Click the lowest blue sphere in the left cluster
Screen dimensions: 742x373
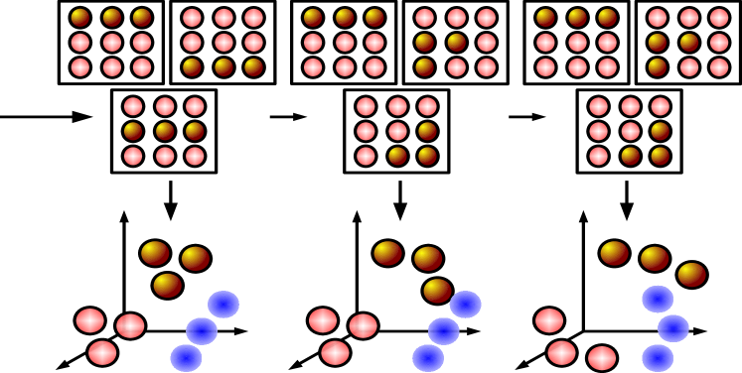[x=186, y=358]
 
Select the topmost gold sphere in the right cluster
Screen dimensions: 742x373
[x=615, y=253]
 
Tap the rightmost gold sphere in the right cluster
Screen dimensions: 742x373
[x=692, y=275]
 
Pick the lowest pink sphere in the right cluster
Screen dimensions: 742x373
[x=602, y=358]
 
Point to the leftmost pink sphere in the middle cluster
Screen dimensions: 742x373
[x=323, y=320]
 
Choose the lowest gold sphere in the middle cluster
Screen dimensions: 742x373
[x=438, y=291]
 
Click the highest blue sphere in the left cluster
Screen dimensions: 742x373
[x=223, y=305]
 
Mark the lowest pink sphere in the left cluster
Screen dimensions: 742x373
[x=102, y=353]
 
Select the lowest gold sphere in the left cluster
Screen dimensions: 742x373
[x=168, y=286]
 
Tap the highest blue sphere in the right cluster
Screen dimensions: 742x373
[x=658, y=299]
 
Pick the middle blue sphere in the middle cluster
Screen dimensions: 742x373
[x=444, y=331]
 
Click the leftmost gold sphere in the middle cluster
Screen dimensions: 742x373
[x=388, y=253]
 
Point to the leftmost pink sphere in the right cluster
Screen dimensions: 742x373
[x=549, y=320]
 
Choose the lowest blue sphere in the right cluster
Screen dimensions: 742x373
[x=658, y=358]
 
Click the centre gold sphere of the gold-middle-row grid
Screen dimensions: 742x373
[x=165, y=131]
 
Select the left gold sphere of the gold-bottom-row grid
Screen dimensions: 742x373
[x=192, y=67]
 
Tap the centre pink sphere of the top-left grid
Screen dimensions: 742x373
[x=112, y=43]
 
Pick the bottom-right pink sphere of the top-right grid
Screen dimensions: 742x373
[x=719, y=67]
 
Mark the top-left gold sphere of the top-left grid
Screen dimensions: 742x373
[x=80, y=17]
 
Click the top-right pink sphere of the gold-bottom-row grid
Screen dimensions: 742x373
[x=254, y=17]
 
